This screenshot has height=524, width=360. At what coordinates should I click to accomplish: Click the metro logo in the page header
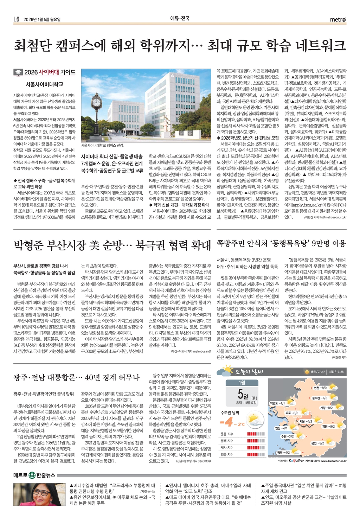pyautogui.click(x=338, y=19)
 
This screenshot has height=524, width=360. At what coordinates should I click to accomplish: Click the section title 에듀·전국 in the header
pyautogui.click(x=180, y=18)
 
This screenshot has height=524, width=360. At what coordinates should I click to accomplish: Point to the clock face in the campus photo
pyautogui.click(x=96, y=102)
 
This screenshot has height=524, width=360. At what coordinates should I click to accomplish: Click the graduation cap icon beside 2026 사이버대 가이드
pyautogui.click(x=18, y=72)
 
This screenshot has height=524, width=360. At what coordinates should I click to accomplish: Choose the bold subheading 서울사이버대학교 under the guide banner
pyautogui.click(x=44, y=84)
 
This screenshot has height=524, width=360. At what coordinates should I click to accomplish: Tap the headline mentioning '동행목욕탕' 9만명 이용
pyautogui.click(x=281, y=243)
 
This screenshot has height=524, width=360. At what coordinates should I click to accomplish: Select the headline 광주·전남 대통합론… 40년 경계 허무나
pyautogui.click(x=76, y=378)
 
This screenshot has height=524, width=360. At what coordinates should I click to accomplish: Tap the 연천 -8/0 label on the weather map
pyautogui.click(x=320, y=388)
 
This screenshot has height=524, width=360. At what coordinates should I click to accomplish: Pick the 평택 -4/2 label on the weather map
pyautogui.click(x=283, y=452)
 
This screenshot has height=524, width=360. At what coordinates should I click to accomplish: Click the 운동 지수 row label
pyautogui.click(x=227, y=434)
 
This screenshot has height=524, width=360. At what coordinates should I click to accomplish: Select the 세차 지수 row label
pyautogui.click(x=227, y=448)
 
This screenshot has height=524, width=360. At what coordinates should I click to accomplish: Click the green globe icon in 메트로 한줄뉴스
pyautogui.click(x=32, y=475)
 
